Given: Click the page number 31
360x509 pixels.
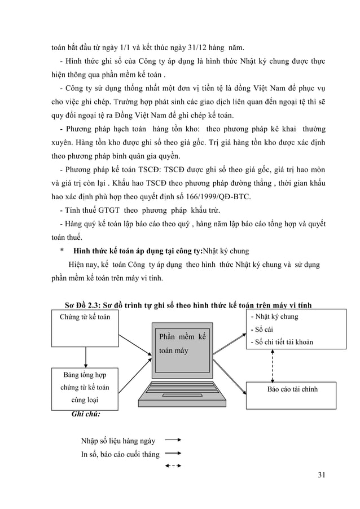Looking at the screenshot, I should click(321, 473).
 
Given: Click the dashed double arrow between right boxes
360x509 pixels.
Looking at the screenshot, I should click(273, 365).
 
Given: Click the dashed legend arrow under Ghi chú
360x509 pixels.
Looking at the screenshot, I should click(172, 466).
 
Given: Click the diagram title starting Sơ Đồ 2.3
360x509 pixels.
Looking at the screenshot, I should click(188, 306).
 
